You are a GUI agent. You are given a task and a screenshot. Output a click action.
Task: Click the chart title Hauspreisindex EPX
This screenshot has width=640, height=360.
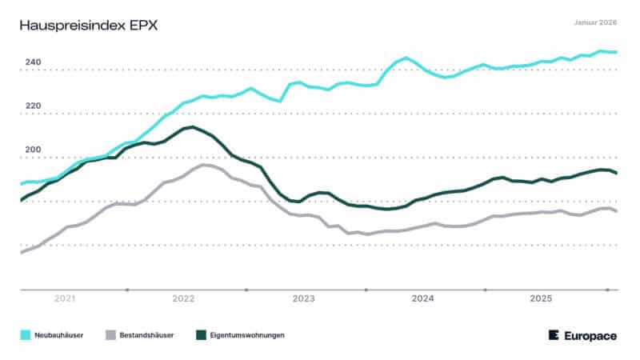point(89,26)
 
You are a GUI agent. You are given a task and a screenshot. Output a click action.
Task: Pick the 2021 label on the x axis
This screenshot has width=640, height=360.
point(65,298)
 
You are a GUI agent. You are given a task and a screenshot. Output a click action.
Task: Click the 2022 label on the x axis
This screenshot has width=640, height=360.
point(183,298)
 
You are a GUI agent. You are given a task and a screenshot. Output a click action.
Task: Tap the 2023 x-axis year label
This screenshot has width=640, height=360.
point(303,298)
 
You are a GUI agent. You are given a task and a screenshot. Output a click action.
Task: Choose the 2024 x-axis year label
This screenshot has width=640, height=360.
point(422,298)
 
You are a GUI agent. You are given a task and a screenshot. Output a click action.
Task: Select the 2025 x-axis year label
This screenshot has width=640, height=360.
point(542,298)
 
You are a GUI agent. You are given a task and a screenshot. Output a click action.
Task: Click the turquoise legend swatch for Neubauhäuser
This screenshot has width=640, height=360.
point(27,335)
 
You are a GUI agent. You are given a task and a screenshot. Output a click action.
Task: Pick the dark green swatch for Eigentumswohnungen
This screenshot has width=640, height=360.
point(201,335)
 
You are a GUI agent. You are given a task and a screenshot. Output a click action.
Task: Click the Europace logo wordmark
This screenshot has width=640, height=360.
point(590,335)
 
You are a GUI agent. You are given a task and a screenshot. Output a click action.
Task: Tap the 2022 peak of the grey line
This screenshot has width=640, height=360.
point(204,164)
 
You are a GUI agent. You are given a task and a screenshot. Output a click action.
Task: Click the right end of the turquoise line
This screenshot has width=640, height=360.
point(616,52)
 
